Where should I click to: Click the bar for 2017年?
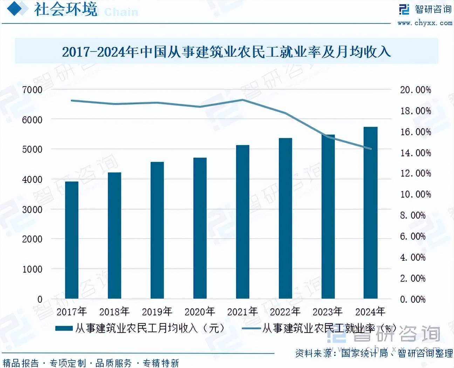[x=72, y=240]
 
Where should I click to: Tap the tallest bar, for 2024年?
[x=370, y=213]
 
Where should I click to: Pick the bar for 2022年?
[x=285, y=218]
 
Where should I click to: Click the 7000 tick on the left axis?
[x=32, y=90]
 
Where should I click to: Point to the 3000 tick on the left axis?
[x=32, y=210]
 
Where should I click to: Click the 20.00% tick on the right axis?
[x=415, y=90]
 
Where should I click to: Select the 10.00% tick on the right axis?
[x=415, y=195]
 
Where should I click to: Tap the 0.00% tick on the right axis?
[x=413, y=299]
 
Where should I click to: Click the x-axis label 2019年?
[x=157, y=311]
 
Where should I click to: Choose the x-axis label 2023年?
[x=328, y=311]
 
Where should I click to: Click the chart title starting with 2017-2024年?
[x=226, y=52]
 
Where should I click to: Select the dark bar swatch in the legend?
[x=64, y=328]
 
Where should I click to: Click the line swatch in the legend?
[x=251, y=328]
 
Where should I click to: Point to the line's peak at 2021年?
[x=242, y=100]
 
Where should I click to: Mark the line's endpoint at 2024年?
[x=370, y=149]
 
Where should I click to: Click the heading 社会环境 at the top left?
[x=66, y=9]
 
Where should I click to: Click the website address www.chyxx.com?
[x=425, y=23]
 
